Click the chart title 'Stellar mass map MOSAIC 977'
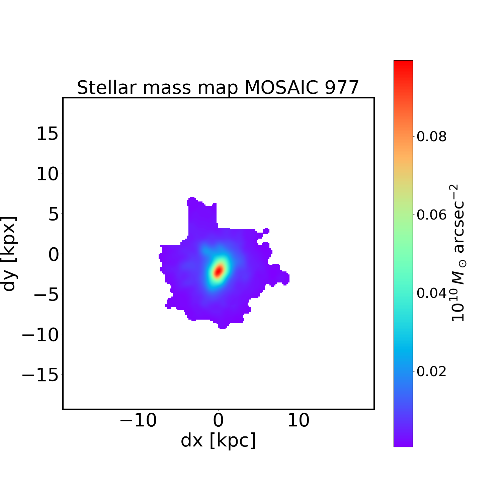218,88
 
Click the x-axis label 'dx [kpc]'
218,440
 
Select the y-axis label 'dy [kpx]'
9,253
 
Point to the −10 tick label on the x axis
138,420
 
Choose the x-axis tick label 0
218,420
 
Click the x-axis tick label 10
299,420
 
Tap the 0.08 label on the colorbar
431,137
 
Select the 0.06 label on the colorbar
431,215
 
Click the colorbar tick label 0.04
431,293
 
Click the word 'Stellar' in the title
106,88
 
